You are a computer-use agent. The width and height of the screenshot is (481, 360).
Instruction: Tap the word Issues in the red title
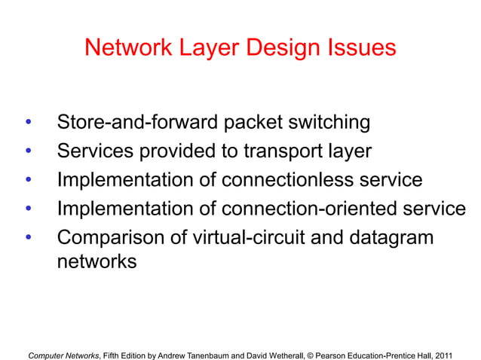pyautogui.click(x=357, y=48)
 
